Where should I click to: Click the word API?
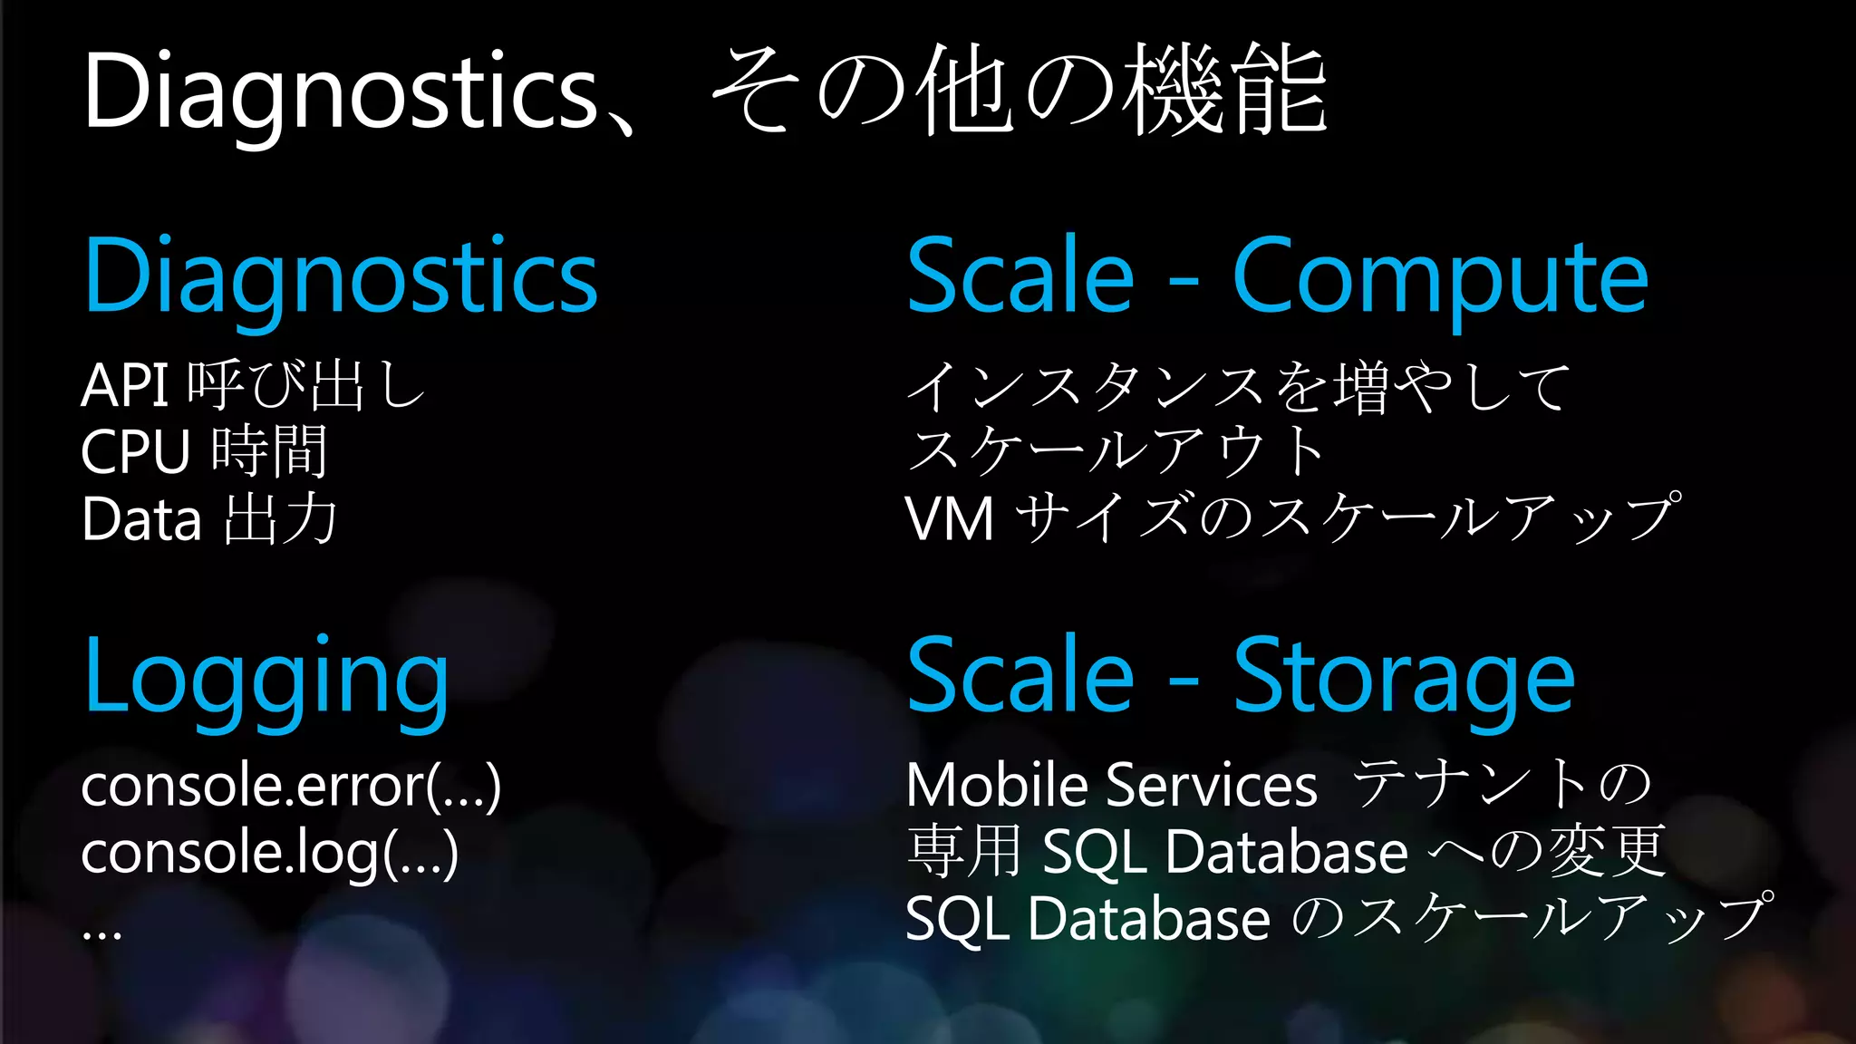[x=125, y=386]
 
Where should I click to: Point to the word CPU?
[x=136, y=452]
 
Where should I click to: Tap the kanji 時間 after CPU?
[x=269, y=452]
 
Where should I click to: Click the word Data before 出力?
[x=141, y=519]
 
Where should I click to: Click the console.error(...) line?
[x=290, y=786]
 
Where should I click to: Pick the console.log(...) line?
[x=269, y=854]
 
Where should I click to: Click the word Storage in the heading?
[x=1404, y=678]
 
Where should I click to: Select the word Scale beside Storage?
[x=1020, y=678]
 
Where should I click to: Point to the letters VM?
[x=950, y=519]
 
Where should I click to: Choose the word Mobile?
[x=997, y=785]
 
